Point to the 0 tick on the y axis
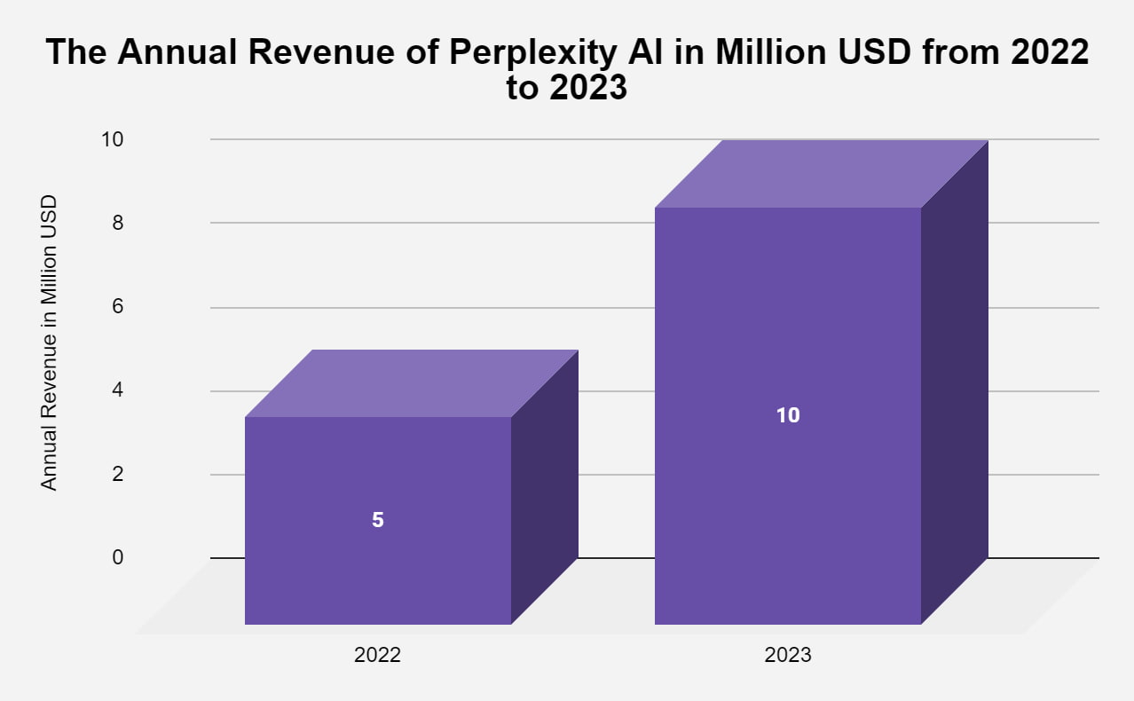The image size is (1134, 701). coord(116,557)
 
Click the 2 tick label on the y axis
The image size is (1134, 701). coord(116,474)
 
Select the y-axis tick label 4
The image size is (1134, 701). coord(116,390)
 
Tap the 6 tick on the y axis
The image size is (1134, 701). coord(116,306)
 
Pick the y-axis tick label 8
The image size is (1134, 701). coord(116,223)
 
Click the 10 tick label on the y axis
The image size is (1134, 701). coord(111,139)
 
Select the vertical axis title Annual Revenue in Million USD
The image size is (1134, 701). coord(50,343)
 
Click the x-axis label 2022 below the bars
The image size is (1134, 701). coord(377,656)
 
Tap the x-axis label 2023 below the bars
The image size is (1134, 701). coord(787,656)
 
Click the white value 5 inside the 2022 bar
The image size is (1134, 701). coord(377,520)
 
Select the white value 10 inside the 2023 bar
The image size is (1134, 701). coord(787,414)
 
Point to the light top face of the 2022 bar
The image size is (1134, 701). coord(412,383)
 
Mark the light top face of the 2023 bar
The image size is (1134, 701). coord(822,174)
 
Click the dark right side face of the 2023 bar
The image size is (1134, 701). coord(955,382)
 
